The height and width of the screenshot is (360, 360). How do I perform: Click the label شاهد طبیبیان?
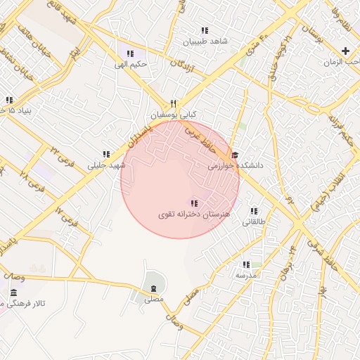point(205,41)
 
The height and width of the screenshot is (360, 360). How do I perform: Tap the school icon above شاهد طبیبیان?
point(205,31)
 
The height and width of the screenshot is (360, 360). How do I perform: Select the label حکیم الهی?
point(131,65)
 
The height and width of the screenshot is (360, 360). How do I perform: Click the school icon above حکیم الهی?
point(129,53)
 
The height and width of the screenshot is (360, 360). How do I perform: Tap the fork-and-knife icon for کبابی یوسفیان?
point(174,103)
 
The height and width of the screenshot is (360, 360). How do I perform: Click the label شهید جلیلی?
point(105,165)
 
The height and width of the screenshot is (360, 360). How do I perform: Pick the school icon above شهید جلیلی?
point(106,154)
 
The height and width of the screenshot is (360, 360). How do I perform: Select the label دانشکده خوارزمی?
point(235,166)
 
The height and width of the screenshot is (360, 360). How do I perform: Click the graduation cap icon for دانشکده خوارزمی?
point(235,155)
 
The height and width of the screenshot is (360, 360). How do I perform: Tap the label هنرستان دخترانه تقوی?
point(195,214)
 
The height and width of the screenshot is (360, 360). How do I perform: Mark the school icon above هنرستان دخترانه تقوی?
point(195,203)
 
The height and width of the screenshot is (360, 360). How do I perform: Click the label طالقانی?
point(255,221)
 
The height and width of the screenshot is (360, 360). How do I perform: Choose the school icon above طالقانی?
point(254,211)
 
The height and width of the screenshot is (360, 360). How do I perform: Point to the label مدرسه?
point(246,276)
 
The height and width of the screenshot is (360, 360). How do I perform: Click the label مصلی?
point(153,299)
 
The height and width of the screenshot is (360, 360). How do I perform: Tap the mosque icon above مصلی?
point(153,288)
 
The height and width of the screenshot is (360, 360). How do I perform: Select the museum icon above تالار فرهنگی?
point(13,292)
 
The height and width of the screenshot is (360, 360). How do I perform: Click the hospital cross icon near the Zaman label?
point(345,51)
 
